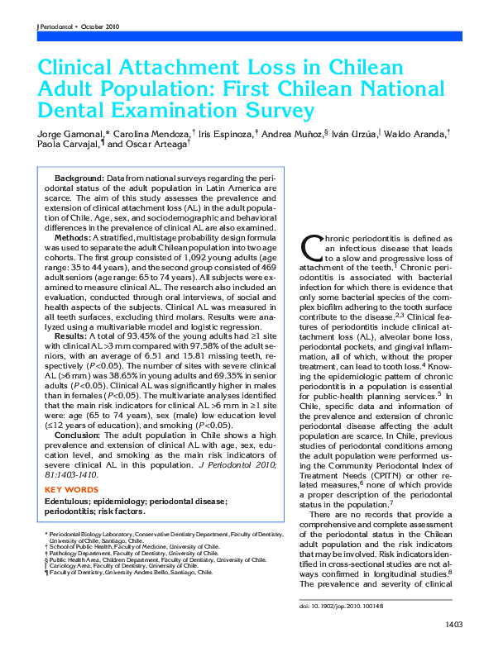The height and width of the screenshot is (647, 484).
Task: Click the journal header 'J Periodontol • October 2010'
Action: (x=79, y=27)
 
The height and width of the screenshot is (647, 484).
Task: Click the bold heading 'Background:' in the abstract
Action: (x=79, y=178)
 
